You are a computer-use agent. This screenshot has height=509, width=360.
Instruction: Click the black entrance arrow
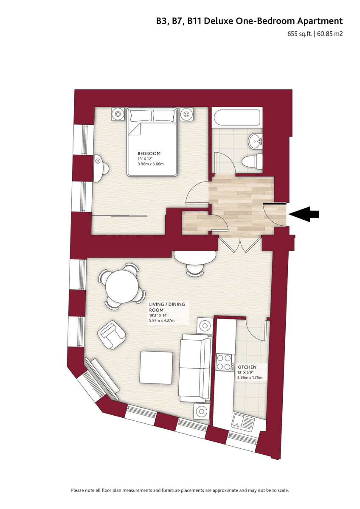tap(304, 214)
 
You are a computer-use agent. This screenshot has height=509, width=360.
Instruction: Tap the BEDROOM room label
tap(149, 154)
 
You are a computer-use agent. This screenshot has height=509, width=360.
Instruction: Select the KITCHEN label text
tap(247, 367)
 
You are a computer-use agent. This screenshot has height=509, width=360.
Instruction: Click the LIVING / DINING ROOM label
tap(167, 307)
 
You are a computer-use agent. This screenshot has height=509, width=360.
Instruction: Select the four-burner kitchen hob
tap(225, 362)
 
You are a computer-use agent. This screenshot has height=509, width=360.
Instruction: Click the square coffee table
tap(156, 367)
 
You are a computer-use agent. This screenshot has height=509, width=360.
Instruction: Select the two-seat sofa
tap(195, 368)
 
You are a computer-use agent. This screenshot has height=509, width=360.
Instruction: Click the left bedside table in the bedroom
tap(118, 114)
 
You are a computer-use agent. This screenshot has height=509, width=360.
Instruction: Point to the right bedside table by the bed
tap(186, 114)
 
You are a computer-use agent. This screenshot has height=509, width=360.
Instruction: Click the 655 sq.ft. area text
tap(300, 34)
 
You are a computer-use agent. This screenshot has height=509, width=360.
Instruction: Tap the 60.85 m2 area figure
tap(330, 34)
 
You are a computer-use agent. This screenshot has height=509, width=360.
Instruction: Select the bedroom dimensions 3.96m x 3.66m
tap(151, 164)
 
